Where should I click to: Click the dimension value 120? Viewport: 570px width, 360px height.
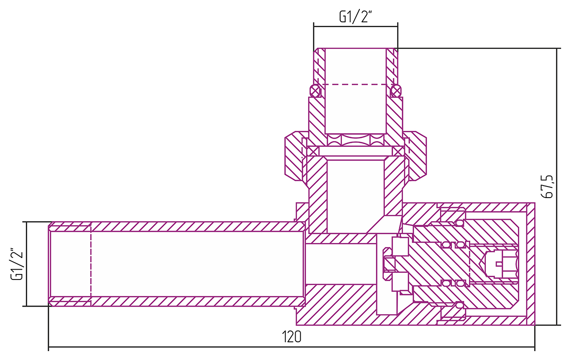pyautogui.click(x=292, y=337)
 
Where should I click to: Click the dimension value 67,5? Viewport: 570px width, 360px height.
pyautogui.click(x=547, y=186)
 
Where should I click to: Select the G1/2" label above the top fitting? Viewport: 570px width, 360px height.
pyautogui.click(x=355, y=17)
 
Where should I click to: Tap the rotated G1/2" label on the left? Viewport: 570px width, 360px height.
pyautogui.click(x=17, y=263)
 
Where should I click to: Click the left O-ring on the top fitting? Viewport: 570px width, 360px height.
pyautogui.click(x=315, y=92)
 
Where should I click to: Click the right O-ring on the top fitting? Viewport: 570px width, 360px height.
pyautogui.click(x=395, y=92)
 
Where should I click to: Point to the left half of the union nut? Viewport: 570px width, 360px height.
pyautogui.click(x=294, y=156)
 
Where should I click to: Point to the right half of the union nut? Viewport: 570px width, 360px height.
pyautogui.click(x=416, y=156)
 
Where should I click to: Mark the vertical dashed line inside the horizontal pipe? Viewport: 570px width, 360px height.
pyautogui.click(x=91, y=263)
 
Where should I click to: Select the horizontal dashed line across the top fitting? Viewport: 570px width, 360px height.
pyautogui.click(x=355, y=84)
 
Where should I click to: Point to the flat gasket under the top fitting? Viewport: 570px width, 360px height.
pyautogui.click(x=355, y=151)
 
